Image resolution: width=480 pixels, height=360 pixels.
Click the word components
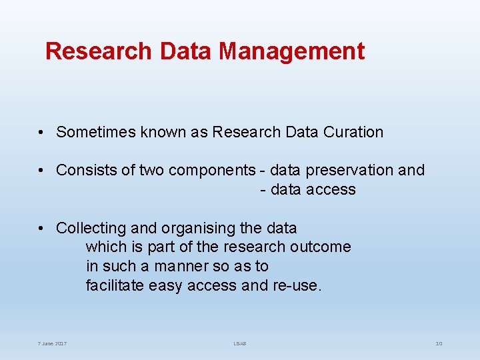point(211,170)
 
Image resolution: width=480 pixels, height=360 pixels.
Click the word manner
point(182,266)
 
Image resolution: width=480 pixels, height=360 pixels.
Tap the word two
point(151,170)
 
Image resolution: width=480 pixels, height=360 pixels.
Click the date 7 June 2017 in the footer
point(52,343)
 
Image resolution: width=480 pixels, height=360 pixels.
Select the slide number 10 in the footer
point(439,343)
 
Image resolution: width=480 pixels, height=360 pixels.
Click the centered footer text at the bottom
point(239,343)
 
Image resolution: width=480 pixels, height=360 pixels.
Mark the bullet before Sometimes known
point(41,132)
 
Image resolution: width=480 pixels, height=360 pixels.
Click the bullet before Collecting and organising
point(41,228)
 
